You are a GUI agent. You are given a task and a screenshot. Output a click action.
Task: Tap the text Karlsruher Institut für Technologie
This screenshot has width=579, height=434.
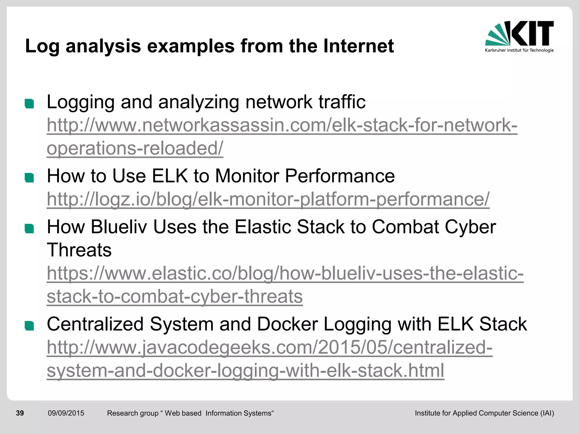tap(519, 50)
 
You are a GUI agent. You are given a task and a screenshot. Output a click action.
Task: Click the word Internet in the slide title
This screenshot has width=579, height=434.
tap(358, 46)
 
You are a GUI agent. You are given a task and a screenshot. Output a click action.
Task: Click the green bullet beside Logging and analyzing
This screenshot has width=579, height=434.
tap(29, 104)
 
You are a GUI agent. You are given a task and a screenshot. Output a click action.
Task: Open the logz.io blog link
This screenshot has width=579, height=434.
tap(268, 199)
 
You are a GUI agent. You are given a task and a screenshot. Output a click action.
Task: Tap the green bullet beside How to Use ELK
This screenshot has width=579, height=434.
tap(29, 178)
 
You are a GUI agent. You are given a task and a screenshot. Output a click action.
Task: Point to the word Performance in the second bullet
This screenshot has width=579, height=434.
tap(340, 176)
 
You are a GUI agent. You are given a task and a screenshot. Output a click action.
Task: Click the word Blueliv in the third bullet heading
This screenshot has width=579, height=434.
tap(119, 227)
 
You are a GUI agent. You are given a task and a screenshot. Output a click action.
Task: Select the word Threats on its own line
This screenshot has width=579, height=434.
tap(79, 250)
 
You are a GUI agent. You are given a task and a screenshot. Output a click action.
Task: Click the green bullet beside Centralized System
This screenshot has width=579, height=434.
tap(29, 326)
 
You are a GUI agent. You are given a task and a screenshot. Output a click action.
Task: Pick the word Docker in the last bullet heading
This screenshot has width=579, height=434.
tap(287, 324)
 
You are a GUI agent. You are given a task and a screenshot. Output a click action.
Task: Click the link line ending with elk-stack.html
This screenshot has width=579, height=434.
tap(245, 370)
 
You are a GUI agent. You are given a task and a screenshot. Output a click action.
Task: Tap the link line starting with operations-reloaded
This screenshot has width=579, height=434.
tap(135, 148)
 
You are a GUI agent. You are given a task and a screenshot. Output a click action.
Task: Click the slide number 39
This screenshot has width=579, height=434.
tap(20, 413)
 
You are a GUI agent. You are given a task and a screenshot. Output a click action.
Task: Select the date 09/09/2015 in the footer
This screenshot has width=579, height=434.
tap(66, 413)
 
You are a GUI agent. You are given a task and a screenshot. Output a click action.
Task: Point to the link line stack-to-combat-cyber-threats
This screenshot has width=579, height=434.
tap(175, 296)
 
